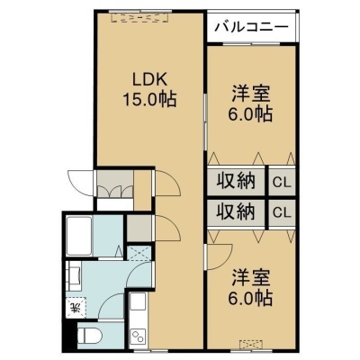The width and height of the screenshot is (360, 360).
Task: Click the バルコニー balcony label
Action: coord(251,27)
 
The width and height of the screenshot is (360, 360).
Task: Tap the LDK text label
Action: coord(149,80)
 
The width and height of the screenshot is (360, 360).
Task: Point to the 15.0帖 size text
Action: coord(149,99)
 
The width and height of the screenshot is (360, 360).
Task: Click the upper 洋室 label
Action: coord(251,94)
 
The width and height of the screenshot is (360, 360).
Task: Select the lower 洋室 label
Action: coord(251,278)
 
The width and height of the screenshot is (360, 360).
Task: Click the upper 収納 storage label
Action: coord(237,181)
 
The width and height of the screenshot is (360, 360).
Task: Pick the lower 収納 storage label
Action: coord(237,211)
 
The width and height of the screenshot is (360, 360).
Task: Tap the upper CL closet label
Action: coord(282,183)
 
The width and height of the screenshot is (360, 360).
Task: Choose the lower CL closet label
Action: coord(282,212)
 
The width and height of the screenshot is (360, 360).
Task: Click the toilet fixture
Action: coord(89,336)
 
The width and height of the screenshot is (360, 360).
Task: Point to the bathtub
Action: coord(79,236)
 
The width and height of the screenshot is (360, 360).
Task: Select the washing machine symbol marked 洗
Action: coord(76,307)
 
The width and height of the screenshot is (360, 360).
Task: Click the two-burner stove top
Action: coord(138,335)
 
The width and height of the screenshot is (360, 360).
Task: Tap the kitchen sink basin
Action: coord(138,302)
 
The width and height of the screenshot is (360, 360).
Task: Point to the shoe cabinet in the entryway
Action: coord(115,183)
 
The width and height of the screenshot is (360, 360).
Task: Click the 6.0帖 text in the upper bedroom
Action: coord(251,114)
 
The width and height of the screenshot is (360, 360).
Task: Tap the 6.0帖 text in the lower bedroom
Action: coord(251,298)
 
